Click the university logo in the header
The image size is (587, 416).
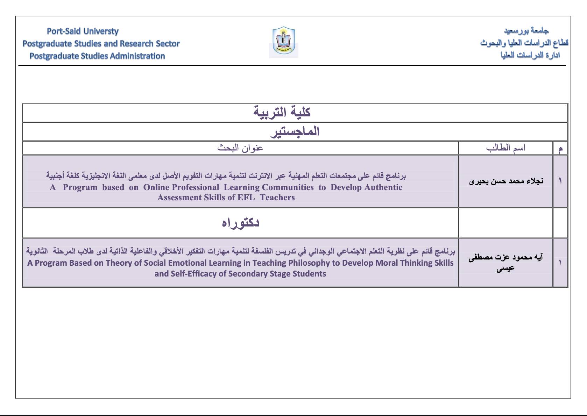pos(284,42)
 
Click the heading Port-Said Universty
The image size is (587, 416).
pos(83,31)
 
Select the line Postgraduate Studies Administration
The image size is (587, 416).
pos(97,56)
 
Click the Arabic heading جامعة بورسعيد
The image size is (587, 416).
pos(526,31)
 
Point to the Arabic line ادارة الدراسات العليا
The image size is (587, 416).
pos(530,55)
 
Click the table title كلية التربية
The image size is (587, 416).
pos(282,113)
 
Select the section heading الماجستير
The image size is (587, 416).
pos(295,132)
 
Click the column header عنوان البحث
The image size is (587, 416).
pos(240,148)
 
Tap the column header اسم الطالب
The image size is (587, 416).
pos(505,148)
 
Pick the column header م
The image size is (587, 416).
pos(560,149)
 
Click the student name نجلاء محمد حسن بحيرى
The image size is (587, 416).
pos(506,181)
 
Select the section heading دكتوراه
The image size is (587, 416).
pos(240,223)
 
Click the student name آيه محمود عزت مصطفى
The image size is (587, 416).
pos(505,258)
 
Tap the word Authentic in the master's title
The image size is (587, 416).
pos(383,187)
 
